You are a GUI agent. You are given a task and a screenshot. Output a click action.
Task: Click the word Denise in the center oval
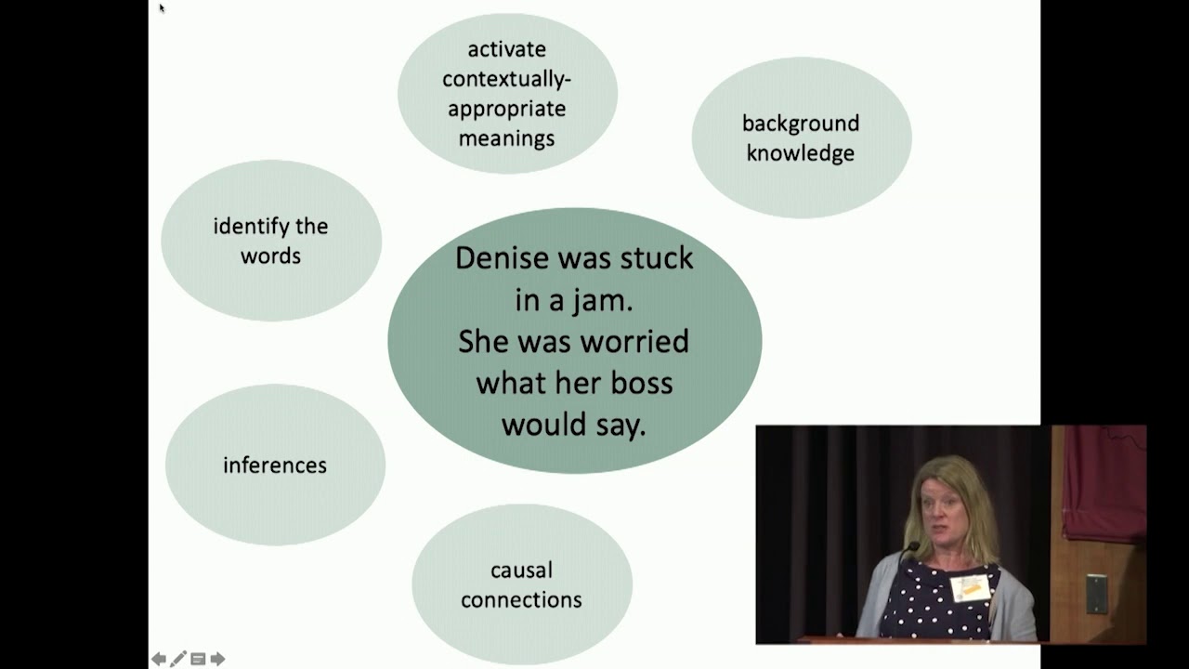point(503,258)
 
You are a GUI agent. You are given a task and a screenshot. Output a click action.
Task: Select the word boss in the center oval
point(642,383)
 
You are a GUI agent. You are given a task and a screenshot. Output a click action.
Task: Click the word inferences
point(275,466)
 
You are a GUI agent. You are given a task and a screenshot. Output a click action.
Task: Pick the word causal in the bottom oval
point(522,571)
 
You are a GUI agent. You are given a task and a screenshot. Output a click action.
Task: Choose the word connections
point(521,600)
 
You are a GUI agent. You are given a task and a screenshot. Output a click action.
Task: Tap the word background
point(801,125)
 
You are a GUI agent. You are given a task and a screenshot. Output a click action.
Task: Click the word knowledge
point(801,153)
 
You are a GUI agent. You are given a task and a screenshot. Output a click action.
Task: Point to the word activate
point(507,49)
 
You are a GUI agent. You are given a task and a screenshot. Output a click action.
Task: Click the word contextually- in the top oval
point(506,80)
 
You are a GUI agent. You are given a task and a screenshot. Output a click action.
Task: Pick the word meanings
point(507,139)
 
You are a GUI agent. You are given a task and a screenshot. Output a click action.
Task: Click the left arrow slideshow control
point(158,659)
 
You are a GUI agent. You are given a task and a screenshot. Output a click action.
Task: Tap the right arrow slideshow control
point(217,659)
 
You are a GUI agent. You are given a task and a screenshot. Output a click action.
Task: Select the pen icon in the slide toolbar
point(177,659)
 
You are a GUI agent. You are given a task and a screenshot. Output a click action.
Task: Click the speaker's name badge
point(970,588)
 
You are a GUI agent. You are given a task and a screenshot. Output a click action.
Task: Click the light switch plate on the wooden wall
point(1097,594)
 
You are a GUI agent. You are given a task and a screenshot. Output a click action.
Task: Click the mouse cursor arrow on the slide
point(162,7)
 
